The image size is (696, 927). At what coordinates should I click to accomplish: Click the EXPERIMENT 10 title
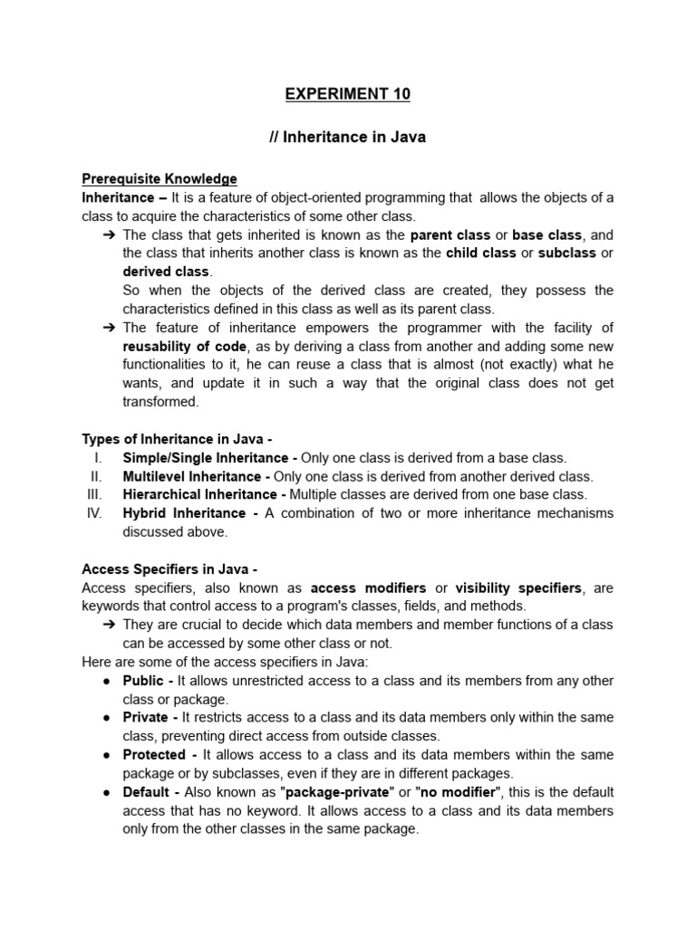click(347, 94)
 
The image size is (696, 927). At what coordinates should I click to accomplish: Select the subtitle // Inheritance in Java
click(347, 139)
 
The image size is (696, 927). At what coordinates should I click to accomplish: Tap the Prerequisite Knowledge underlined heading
click(159, 179)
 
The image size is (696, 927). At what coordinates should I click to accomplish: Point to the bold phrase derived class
click(166, 272)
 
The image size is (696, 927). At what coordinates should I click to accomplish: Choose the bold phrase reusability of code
click(184, 346)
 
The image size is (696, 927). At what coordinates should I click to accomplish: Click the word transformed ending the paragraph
click(159, 402)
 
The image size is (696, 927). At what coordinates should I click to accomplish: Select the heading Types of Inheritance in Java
click(177, 439)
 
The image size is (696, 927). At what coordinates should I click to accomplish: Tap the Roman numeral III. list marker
click(94, 494)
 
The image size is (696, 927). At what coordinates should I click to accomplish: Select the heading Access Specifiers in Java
click(169, 569)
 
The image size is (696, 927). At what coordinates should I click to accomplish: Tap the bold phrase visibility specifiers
click(517, 588)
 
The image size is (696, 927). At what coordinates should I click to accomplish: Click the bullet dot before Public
click(107, 681)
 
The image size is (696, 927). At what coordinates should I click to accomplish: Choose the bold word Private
click(145, 718)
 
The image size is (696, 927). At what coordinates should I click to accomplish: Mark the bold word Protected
click(154, 754)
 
